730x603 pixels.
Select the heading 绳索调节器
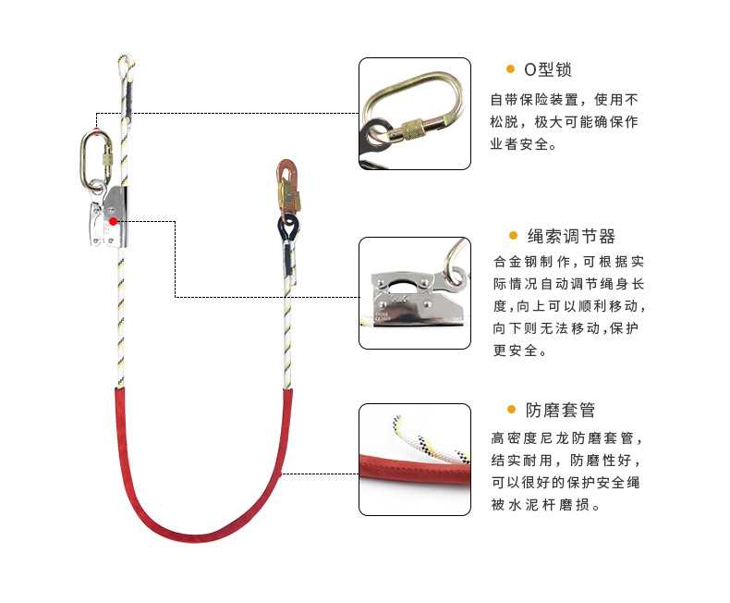(x=571, y=237)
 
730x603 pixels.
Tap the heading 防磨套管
(x=562, y=410)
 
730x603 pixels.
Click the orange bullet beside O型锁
(x=510, y=69)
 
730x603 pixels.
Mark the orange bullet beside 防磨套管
(x=510, y=410)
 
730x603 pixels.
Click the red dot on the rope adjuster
(x=113, y=221)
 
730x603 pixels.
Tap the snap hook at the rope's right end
(x=288, y=189)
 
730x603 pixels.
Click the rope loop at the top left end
(x=124, y=65)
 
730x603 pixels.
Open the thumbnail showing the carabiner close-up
(x=414, y=113)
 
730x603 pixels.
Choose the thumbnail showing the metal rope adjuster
(x=414, y=292)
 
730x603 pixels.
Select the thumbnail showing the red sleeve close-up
(x=414, y=459)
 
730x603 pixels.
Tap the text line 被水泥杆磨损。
(x=547, y=506)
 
